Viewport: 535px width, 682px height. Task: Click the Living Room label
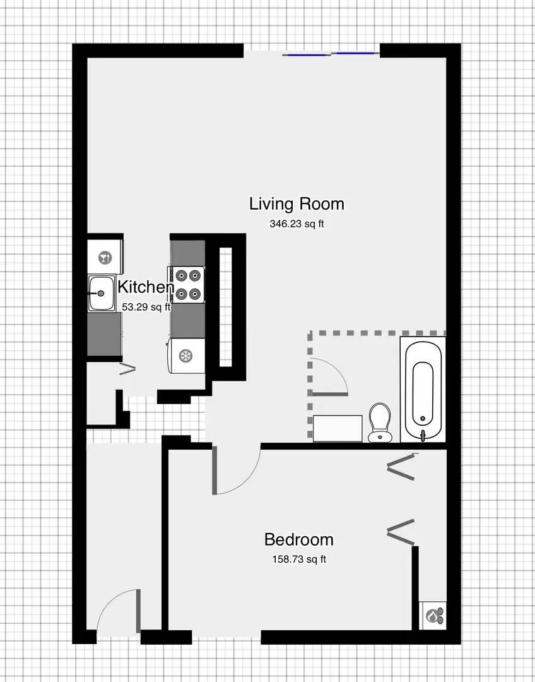pos(297,204)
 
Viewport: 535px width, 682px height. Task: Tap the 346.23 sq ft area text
pos(297,224)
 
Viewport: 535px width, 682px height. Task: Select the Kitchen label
pos(146,287)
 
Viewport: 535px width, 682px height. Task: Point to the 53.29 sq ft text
pos(146,307)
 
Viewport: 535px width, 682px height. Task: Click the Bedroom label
pos(299,540)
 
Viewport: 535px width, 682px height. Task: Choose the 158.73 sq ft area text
pos(299,559)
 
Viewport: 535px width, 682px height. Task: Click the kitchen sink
pos(102,293)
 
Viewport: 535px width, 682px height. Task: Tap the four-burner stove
pos(187,285)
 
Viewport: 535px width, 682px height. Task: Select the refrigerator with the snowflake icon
pos(187,356)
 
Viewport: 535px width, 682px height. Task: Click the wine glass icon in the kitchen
pos(105,258)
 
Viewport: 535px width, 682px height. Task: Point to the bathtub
pos(423,390)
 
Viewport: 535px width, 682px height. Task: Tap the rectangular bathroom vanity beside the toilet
pos(338,428)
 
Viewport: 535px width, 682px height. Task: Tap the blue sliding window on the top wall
pos(331,54)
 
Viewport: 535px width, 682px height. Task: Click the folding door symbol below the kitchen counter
pos(128,369)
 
